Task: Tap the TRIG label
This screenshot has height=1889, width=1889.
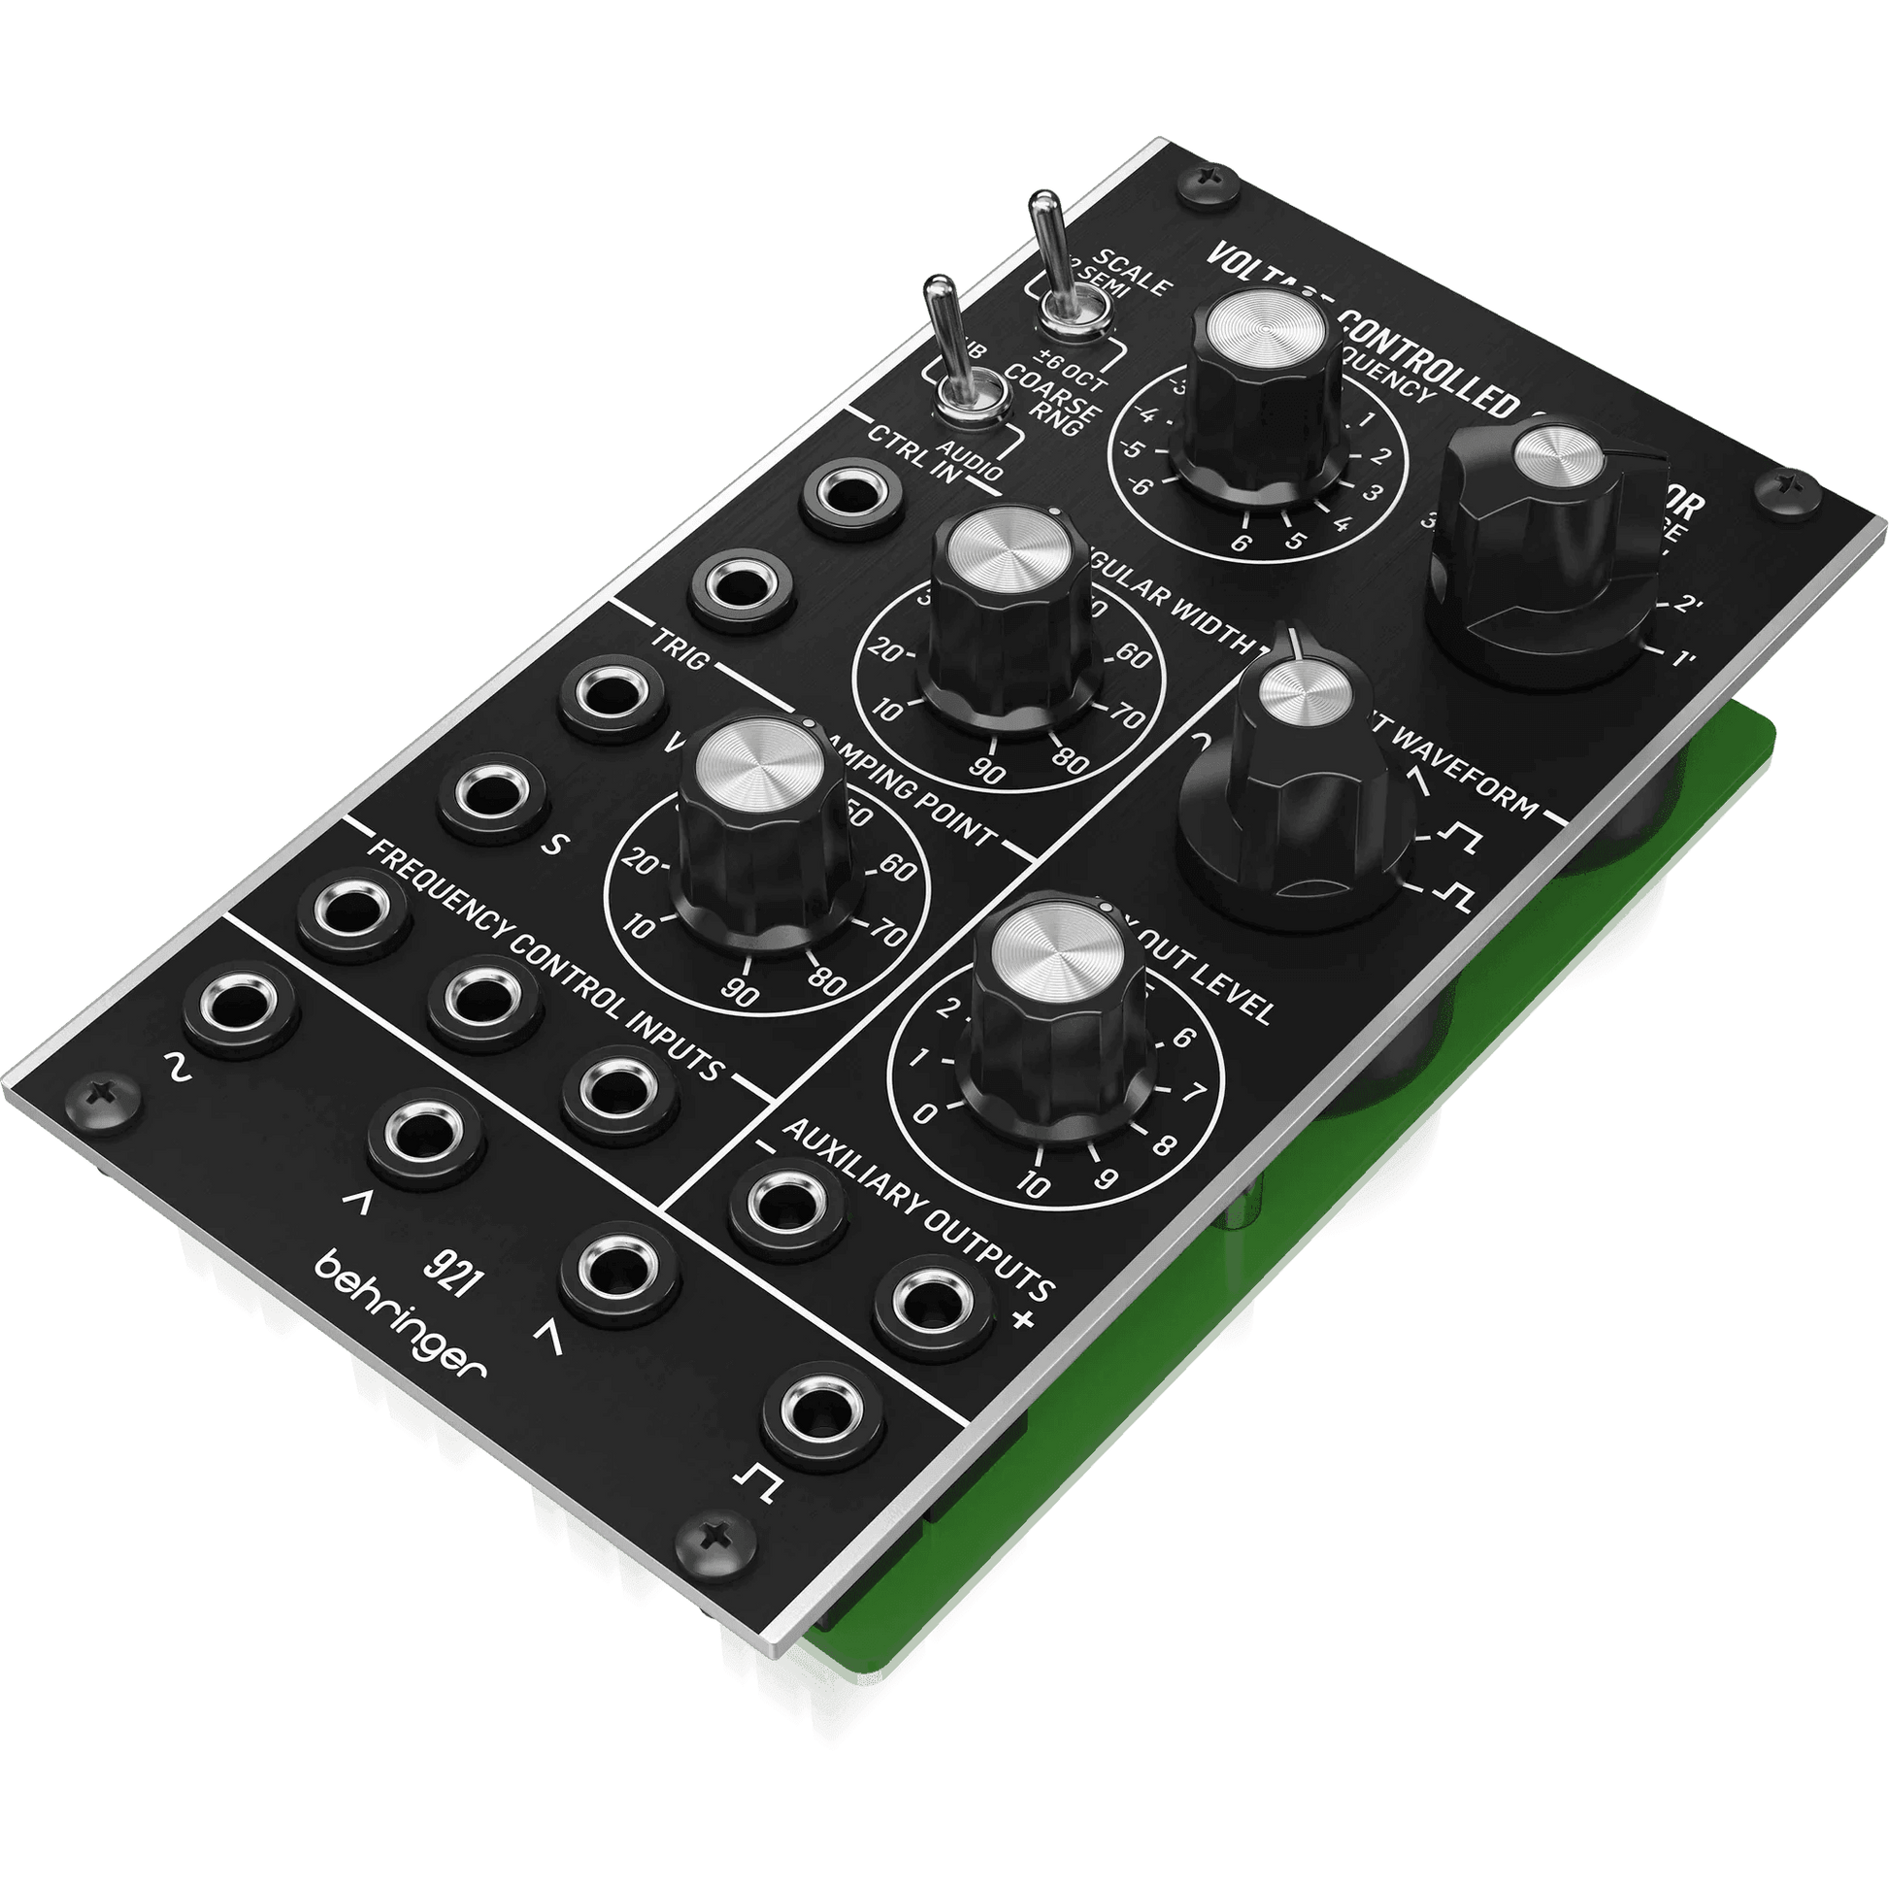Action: (x=678, y=659)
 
